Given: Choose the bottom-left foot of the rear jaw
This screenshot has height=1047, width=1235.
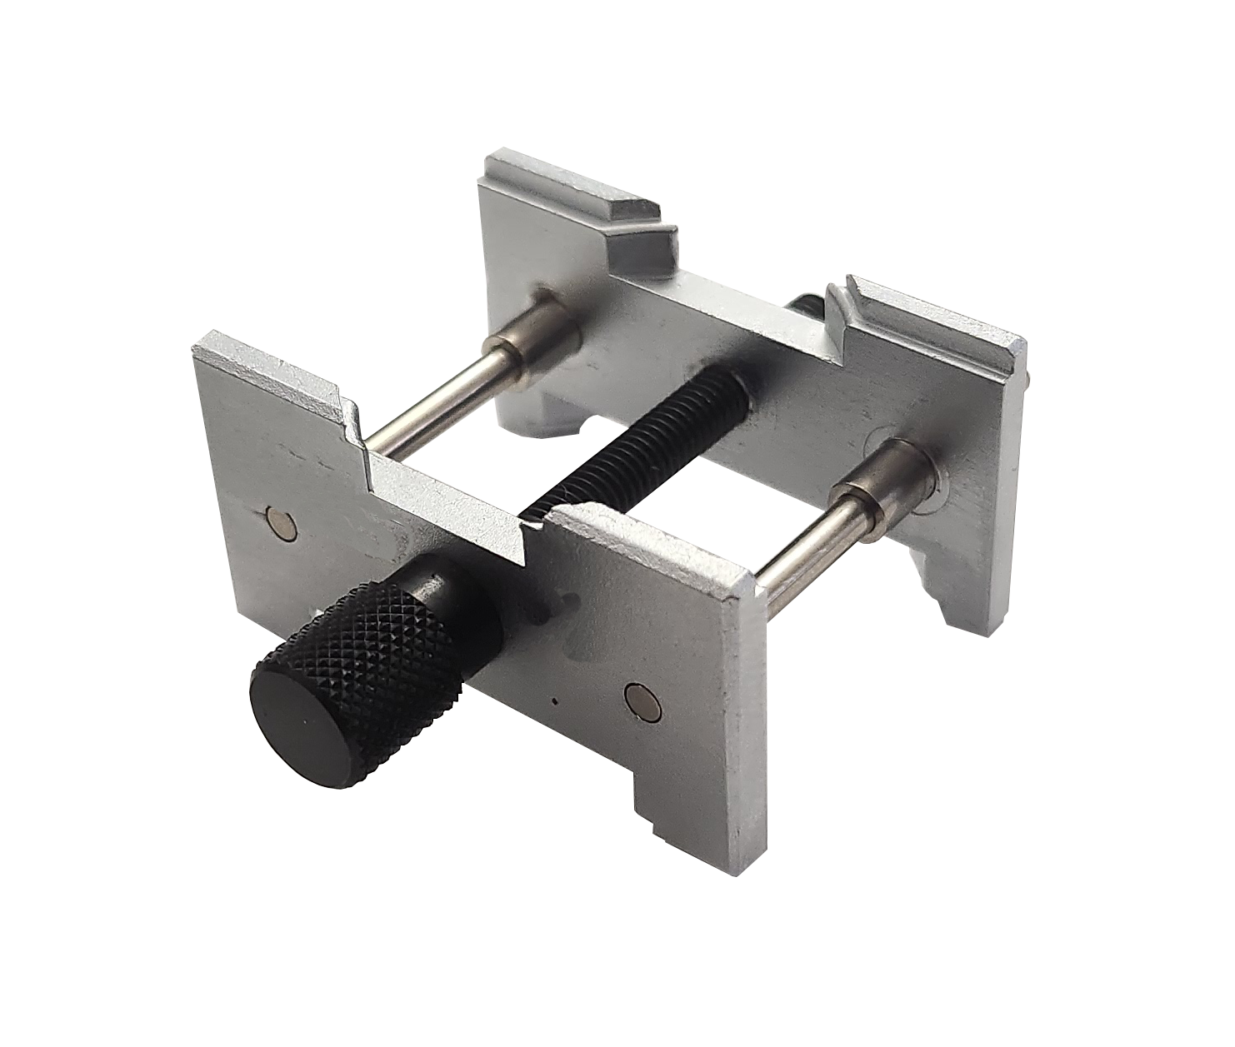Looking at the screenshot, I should [x=542, y=416].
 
